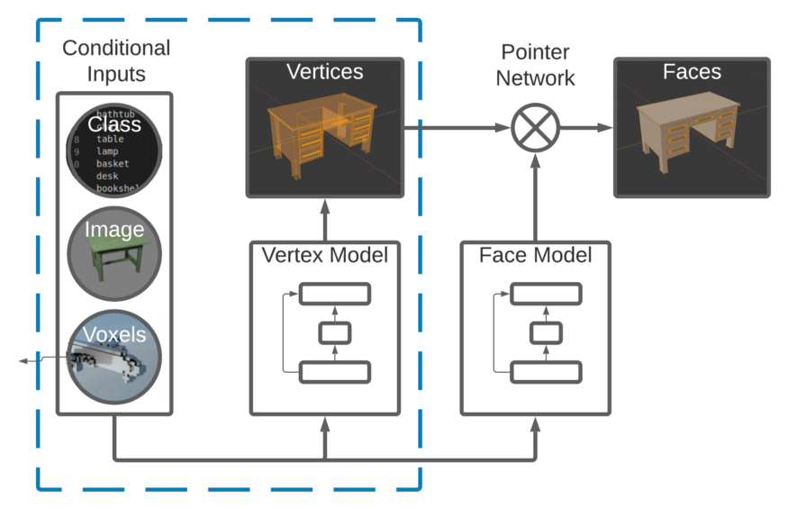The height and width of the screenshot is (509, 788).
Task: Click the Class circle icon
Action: (113, 150)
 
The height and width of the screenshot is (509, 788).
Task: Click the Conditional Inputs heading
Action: (114, 60)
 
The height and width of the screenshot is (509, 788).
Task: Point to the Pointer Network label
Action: (535, 65)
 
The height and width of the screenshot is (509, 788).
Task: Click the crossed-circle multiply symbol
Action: (536, 128)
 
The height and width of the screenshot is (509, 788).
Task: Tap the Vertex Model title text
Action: (324, 256)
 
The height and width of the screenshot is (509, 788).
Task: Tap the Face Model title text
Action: (535, 256)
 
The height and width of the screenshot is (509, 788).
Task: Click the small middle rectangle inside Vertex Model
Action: (335, 332)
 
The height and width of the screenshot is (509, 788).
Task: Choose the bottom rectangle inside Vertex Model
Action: (335, 371)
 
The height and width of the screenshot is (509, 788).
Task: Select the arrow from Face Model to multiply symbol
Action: (536, 198)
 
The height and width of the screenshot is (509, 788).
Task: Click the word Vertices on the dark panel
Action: (324, 71)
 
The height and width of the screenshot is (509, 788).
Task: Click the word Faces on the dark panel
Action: (692, 71)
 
